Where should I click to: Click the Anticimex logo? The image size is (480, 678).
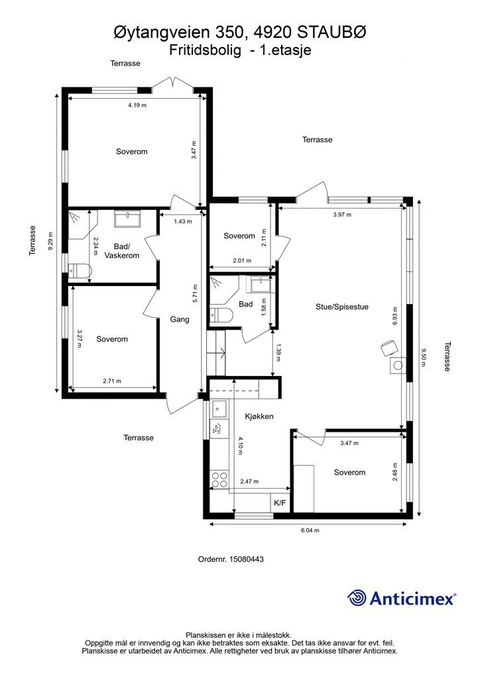point(401,598)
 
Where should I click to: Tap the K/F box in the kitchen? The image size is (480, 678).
point(280,503)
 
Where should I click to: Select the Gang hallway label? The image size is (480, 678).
point(180,320)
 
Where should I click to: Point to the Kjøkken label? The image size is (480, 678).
point(259,416)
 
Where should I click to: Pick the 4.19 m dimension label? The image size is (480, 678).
point(137,105)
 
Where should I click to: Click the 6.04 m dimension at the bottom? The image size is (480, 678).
point(310,530)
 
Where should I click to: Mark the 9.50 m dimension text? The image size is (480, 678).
point(423,358)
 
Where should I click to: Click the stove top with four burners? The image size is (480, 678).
point(219,479)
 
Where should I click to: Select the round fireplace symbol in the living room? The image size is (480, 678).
point(398,365)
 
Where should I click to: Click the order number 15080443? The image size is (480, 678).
point(246,559)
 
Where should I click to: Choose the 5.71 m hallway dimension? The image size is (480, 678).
point(195,293)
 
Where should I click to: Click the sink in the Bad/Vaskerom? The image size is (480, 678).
point(127,218)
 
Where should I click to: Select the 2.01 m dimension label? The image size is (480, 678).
point(242,261)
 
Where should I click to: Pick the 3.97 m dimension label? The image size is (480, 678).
point(342,215)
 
